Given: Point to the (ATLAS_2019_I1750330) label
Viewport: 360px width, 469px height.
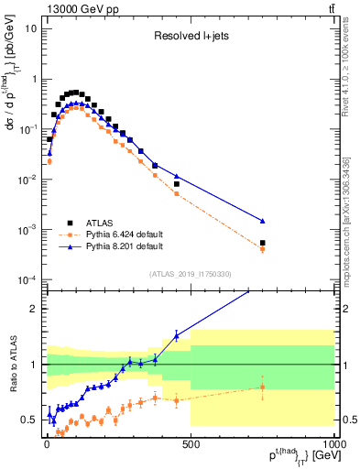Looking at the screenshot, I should tap(191, 274).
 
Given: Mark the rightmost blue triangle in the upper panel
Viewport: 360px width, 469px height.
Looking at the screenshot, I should tap(262, 221).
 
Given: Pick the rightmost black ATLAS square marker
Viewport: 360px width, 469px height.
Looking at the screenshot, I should tap(262, 244).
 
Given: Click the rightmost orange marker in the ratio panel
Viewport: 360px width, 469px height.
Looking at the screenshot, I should tap(262, 387).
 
